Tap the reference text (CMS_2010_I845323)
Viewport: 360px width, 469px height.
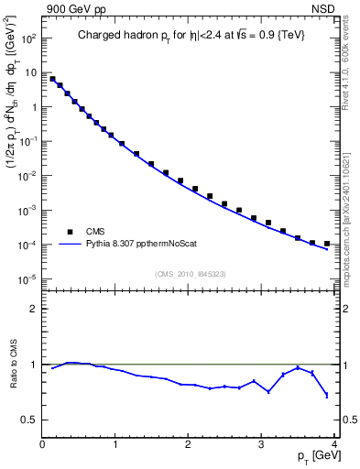tap(190, 274)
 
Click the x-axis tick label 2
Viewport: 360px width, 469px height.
tap(189, 444)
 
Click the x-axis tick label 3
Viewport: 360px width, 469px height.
tap(262, 444)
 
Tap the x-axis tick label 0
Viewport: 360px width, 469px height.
tap(42, 444)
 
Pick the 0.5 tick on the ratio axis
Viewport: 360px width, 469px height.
tap(28, 420)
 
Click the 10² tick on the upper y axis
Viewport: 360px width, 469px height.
tap(27, 38)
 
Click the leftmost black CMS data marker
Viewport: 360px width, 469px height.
tap(52, 79)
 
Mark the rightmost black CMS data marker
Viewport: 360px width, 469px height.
tap(327, 244)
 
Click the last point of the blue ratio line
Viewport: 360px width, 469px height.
tap(327, 395)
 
